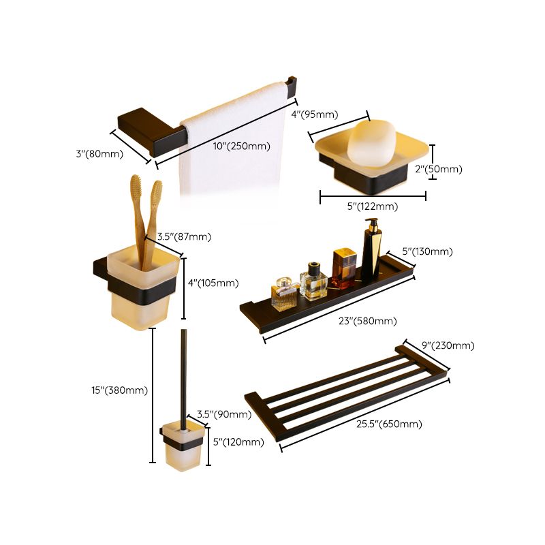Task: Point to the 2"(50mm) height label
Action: point(439,169)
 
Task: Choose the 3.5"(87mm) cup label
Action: point(184,237)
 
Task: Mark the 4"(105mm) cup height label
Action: point(213,283)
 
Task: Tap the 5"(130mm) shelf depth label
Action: point(427,251)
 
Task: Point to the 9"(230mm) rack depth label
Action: point(448,346)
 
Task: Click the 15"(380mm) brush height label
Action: point(119,390)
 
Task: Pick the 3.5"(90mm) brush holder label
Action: point(223,414)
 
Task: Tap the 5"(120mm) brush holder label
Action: point(238,442)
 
